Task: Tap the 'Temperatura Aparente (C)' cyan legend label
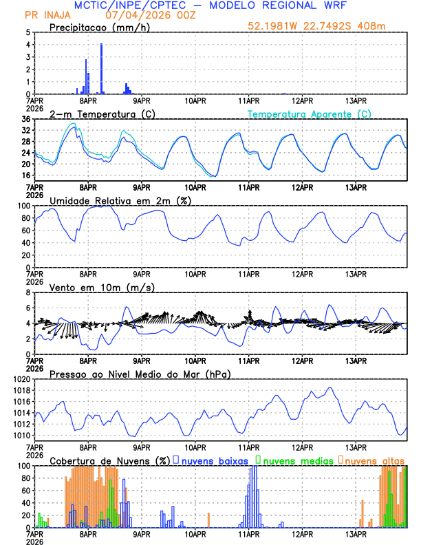tap(310, 114)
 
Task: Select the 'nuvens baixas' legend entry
tap(214, 460)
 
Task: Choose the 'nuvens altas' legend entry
tap(375, 460)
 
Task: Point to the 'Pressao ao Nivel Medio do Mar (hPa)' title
tap(140, 374)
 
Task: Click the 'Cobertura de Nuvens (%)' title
tap(110, 460)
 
